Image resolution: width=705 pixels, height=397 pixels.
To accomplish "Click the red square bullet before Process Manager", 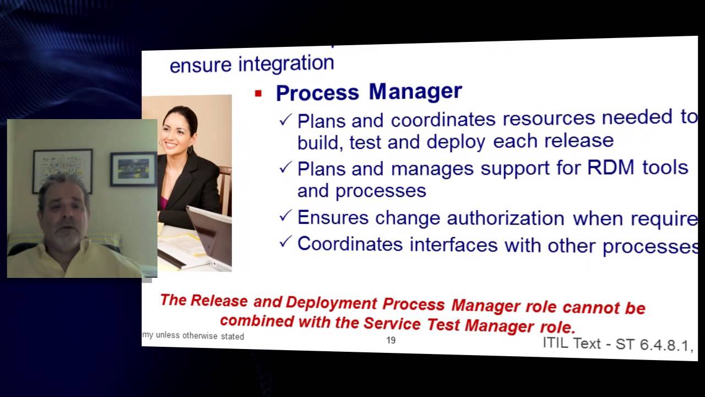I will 258,94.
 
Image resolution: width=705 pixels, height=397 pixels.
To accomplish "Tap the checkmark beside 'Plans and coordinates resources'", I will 285,120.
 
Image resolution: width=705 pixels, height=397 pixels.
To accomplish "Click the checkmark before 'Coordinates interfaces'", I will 285,242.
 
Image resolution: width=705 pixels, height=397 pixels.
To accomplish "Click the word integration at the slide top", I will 286,63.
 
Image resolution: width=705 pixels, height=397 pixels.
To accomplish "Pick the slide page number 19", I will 391,340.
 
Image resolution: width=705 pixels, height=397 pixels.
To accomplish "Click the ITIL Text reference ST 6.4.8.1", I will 617,344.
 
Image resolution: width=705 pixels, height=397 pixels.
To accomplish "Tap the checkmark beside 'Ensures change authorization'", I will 285,216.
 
